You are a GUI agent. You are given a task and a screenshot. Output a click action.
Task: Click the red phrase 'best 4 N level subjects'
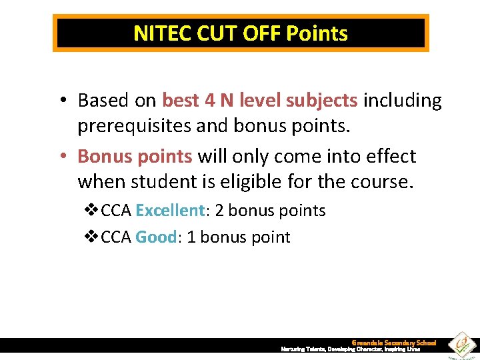pos(260,100)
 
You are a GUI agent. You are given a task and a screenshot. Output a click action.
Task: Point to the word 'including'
pos(403,100)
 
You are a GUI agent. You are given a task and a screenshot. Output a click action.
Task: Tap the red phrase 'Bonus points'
pos(135,156)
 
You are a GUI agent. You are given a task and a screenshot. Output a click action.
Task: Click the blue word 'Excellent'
pos(170,211)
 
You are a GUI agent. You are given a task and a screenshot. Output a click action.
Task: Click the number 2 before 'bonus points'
pos(219,211)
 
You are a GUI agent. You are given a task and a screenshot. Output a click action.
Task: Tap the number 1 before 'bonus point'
pos(192,237)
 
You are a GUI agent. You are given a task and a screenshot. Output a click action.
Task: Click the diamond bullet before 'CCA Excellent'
pos(93,211)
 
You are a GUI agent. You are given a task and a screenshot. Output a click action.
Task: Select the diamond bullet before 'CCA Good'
pos(93,237)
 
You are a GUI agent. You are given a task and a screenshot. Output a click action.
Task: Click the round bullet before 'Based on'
pos(61,101)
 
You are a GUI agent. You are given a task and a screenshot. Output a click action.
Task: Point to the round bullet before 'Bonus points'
pos(61,157)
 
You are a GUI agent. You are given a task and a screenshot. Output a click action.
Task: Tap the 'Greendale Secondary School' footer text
pos(393,343)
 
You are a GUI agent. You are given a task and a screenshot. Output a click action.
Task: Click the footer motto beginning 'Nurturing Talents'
pos(350,349)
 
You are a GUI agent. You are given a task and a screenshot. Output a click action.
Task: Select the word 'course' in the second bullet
pos(383,181)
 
